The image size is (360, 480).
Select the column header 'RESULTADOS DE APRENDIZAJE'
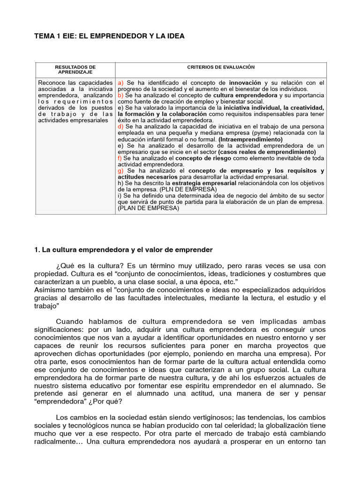click(75, 70)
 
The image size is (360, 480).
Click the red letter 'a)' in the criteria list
click(121, 83)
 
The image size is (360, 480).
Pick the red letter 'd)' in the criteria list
click(121, 127)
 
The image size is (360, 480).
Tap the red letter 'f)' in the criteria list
click(120, 158)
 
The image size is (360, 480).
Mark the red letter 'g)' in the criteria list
click(121, 171)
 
